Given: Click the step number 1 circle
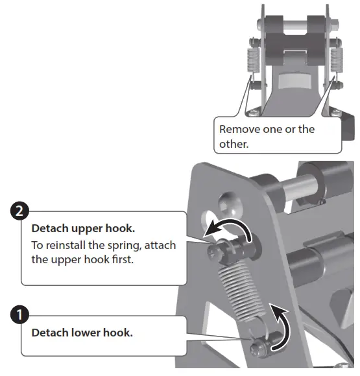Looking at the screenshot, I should [x=20, y=315].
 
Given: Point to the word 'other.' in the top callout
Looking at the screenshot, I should [x=234, y=144].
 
